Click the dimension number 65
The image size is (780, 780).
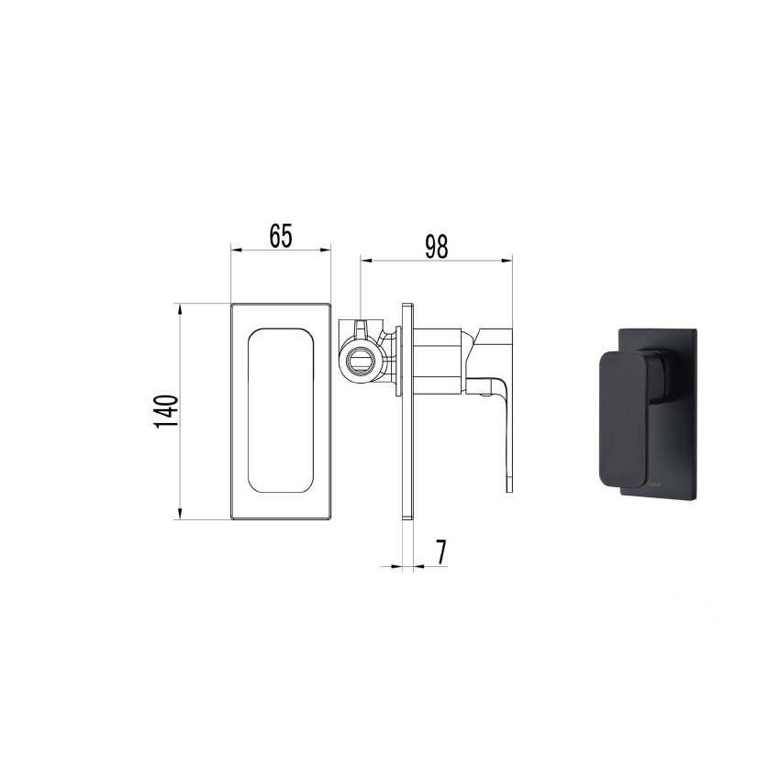(x=281, y=236)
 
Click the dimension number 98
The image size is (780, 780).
(x=436, y=247)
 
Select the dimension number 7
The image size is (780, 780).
(x=440, y=552)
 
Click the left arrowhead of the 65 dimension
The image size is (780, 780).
(x=233, y=249)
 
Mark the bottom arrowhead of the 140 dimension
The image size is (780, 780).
(x=181, y=516)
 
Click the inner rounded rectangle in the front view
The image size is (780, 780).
(x=281, y=411)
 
